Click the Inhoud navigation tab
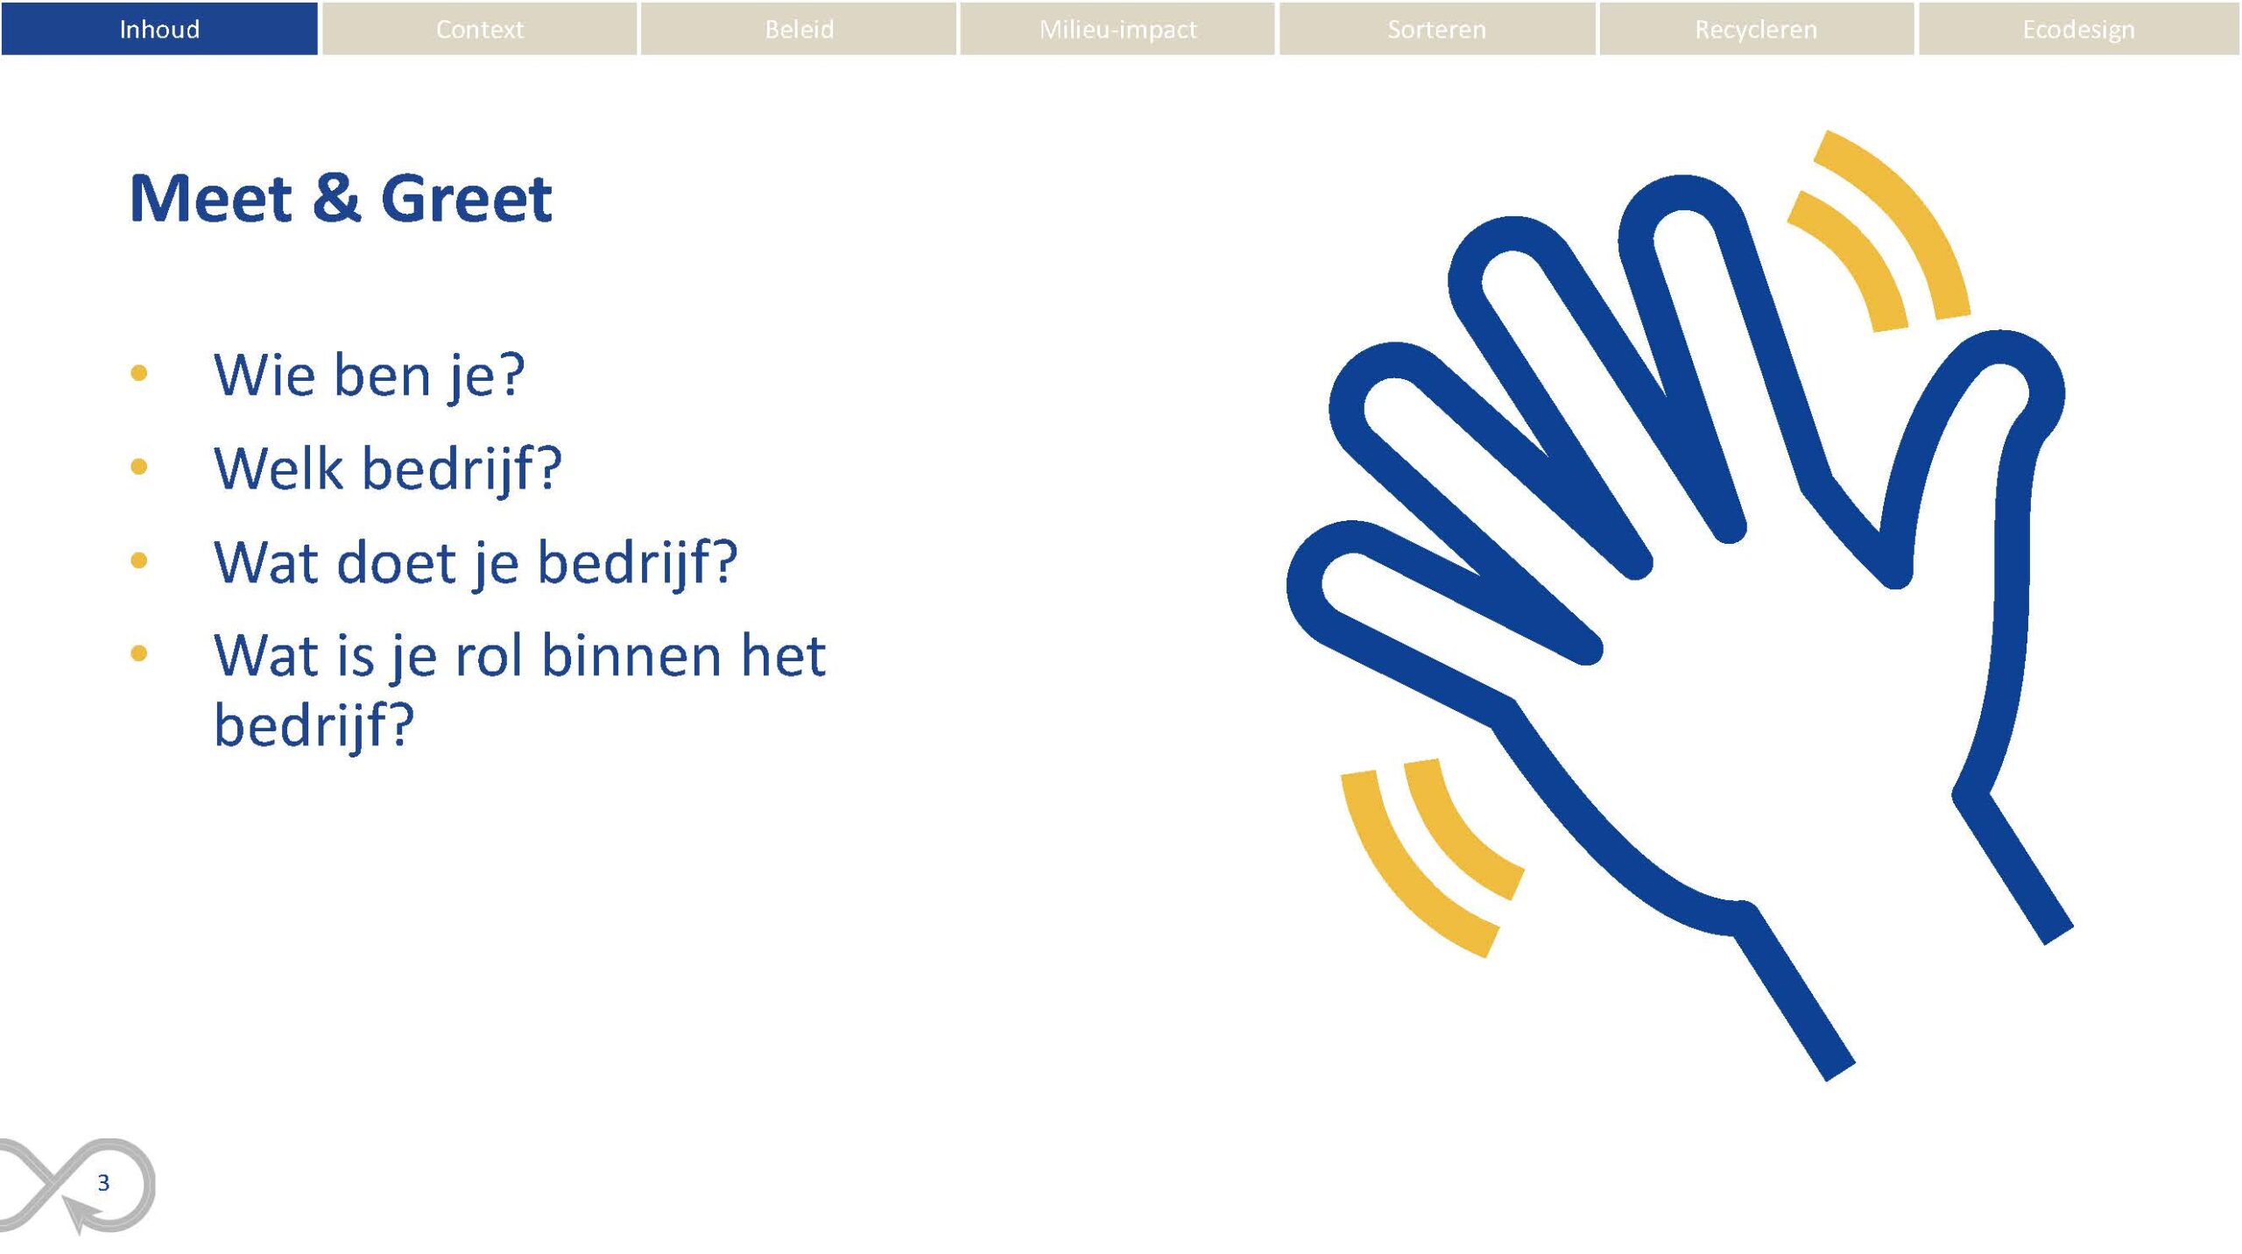tap(159, 29)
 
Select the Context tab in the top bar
tap(479, 29)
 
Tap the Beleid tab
tap(799, 29)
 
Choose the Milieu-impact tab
tap(1117, 29)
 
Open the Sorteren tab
tap(1437, 29)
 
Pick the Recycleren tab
tap(1757, 29)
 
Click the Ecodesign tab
tap(2078, 29)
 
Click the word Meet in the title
tap(210, 199)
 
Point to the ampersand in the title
tap(336, 199)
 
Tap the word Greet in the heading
tap(466, 199)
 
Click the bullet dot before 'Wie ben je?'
tap(138, 374)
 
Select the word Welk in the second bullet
tap(278, 468)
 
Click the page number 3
tap(103, 1183)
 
